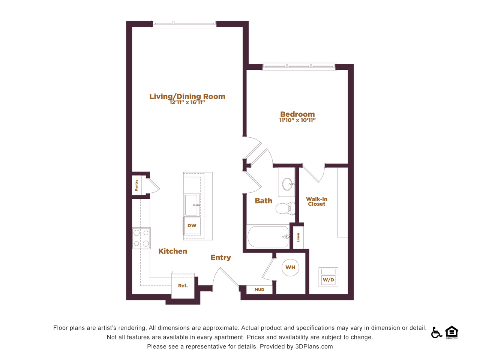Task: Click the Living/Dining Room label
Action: click(187, 96)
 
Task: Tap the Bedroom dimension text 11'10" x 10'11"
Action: click(297, 120)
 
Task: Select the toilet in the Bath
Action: click(285, 208)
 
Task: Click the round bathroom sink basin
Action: click(288, 184)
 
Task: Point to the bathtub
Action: click(268, 237)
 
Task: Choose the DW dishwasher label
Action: click(192, 226)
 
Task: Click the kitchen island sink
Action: click(192, 205)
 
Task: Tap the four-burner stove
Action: click(141, 238)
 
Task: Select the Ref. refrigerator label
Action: click(183, 286)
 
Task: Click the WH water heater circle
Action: click(290, 267)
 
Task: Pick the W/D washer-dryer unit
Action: click(328, 277)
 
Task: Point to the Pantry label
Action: click(136, 185)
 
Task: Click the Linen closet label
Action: click(298, 238)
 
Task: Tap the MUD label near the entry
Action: click(259, 289)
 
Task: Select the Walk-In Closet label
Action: click(316, 201)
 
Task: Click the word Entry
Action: click(220, 258)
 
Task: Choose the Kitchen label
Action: click(173, 251)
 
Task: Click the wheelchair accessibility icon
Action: click(436, 333)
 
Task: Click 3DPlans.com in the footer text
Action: click(314, 346)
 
